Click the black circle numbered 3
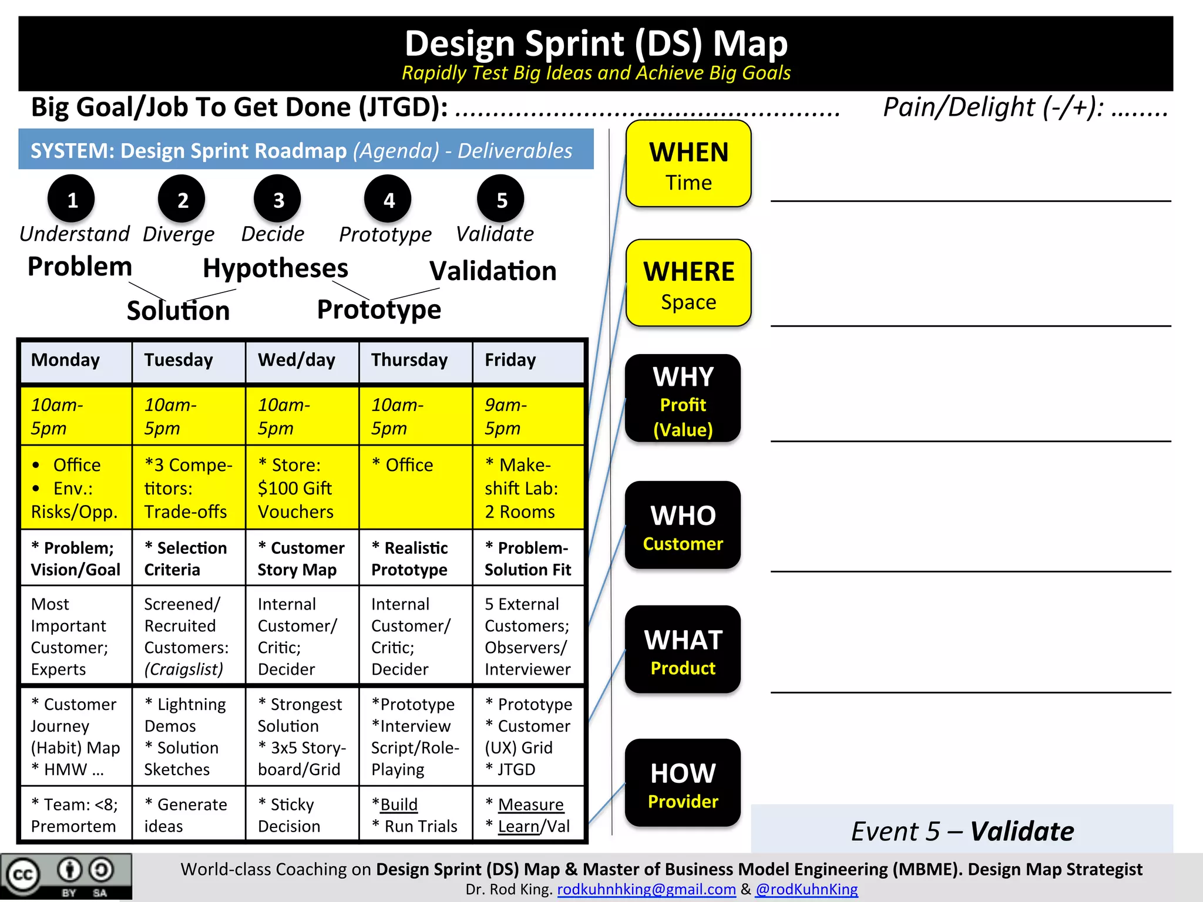click(x=277, y=199)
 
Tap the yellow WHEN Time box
click(x=688, y=164)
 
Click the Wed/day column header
click(x=297, y=360)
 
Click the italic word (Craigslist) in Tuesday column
click(x=184, y=669)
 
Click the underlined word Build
click(x=399, y=805)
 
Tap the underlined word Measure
click(x=530, y=805)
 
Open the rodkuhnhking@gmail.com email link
click(x=646, y=890)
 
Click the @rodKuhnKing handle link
click(x=807, y=890)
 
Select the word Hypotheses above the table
click(x=275, y=268)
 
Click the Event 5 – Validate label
click(x=962, y=831)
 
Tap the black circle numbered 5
click(x=500, y=199)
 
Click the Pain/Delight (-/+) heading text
click(x=993, y=107)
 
